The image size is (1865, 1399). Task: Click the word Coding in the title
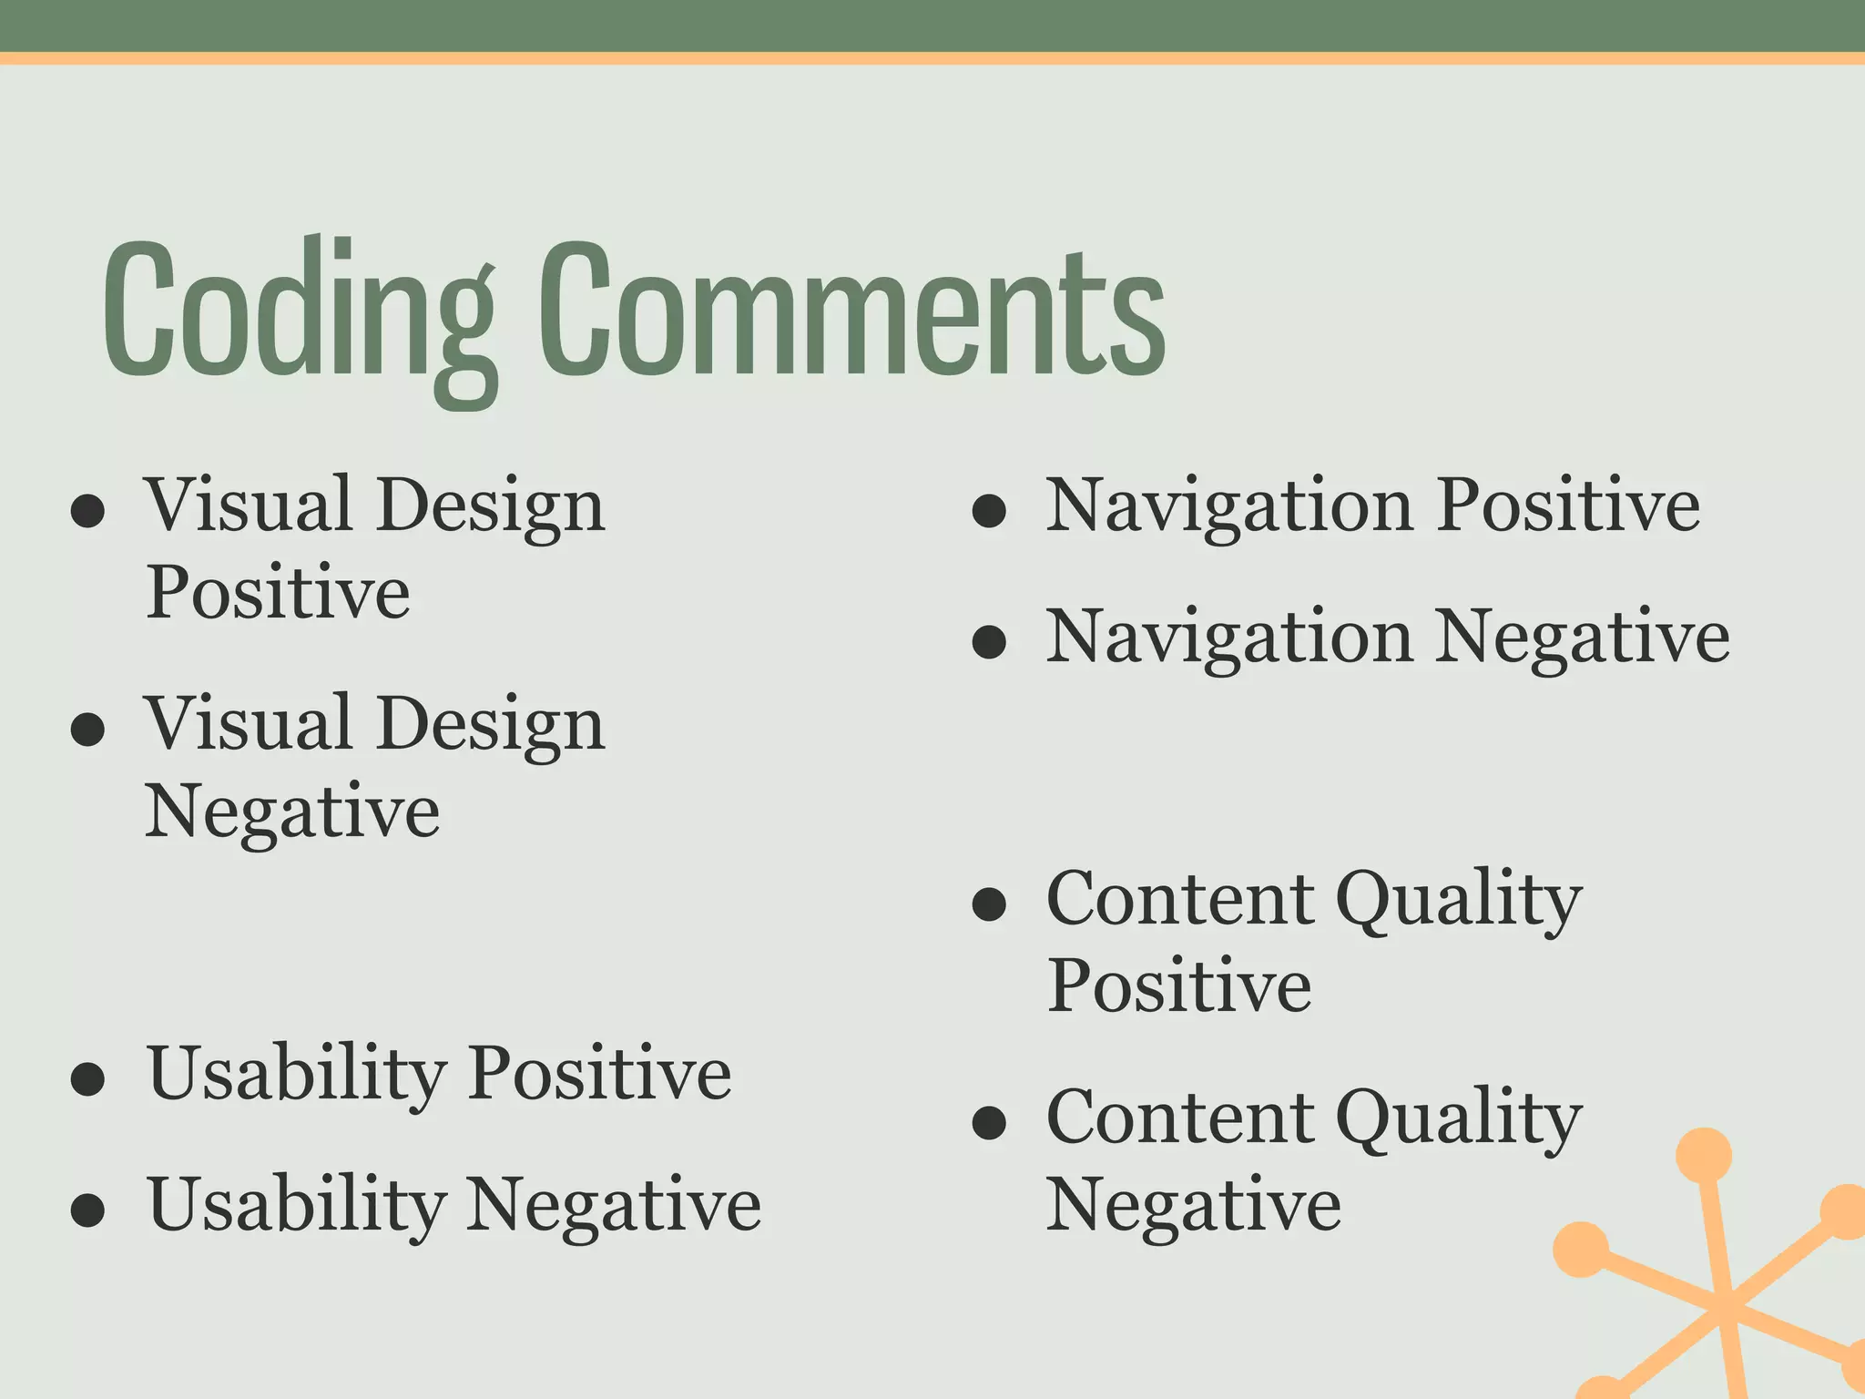tap(301, 314)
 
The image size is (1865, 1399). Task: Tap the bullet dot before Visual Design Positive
tap(87, 511)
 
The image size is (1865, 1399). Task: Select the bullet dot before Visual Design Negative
tap(87, 730)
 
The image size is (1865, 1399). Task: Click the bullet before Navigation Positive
tap(989, 511)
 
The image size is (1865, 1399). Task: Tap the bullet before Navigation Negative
tap(989, 642)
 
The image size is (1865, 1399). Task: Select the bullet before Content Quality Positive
tap(989, 904)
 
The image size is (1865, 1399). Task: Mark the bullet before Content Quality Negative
tap(989, 1123)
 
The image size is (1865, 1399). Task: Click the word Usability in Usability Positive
tap(296, 1075)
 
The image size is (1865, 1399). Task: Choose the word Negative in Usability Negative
tap(614, 1207)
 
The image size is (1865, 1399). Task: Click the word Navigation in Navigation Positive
tap(1229, 508)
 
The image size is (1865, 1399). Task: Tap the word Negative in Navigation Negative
tap(1583, 638)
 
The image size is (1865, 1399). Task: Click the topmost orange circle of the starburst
tap(1703, 1155)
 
